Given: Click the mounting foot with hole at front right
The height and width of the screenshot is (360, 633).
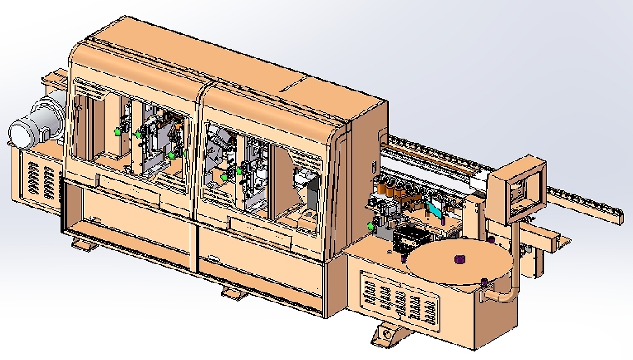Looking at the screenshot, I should [386, 334].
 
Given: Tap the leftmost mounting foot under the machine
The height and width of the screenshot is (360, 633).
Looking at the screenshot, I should [83, 245].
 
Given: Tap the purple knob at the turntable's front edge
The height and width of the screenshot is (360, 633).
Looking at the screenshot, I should [481, 284].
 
